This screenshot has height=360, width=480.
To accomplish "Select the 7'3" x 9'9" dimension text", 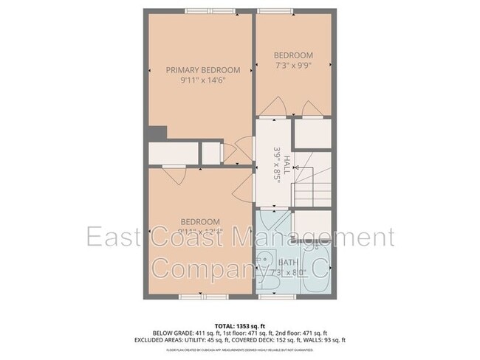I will coord(293,66).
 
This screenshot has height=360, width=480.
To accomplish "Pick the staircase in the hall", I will coord(313,187).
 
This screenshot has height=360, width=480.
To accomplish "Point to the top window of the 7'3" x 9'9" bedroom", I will coord(272,11).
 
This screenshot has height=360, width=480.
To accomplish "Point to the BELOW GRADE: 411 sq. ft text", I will coord(184,333).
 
